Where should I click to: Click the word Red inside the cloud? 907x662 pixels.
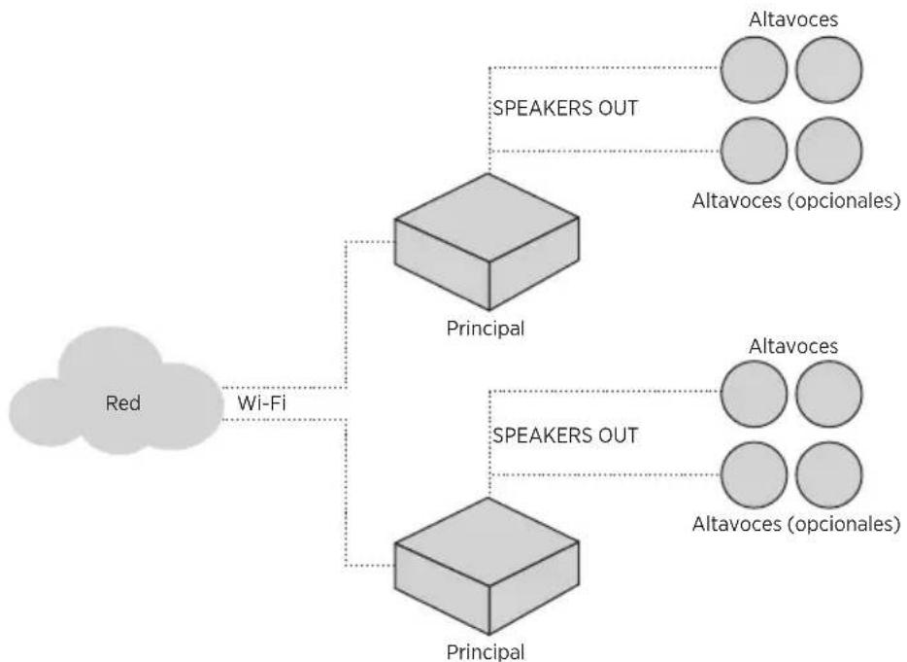coord(122,402)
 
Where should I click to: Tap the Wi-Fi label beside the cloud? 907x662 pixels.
coord(261,402)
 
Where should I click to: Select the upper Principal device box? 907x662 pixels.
coord(487,241)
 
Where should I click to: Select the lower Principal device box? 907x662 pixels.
coord(487,566)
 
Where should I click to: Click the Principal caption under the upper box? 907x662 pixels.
coord(486,329)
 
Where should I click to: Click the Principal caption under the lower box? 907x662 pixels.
coord(486,651)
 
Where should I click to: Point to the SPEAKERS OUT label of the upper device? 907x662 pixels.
coord(565,108)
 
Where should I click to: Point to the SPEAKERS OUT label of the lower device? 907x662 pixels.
coord(565,436)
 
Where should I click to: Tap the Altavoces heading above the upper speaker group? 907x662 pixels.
coord(793,19)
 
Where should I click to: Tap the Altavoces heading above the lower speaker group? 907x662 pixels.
coord(793,346)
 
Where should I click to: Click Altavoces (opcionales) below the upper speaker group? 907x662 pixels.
coord(796,201)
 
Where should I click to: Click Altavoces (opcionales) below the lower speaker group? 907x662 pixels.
coord(796,524)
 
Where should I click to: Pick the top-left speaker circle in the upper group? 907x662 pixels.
coord(754,69)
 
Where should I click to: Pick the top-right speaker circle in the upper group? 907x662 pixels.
coord(829,69)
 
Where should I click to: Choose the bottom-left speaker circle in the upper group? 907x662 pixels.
coord(754,151)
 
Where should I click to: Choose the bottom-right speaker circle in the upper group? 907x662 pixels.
coord(829,151)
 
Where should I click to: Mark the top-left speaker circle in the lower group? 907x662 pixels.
coord(754,394)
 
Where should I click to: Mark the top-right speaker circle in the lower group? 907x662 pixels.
coord(829,394)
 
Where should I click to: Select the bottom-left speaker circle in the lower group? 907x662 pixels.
coord(754,475)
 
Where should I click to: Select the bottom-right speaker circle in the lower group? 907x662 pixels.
coord(829,475)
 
